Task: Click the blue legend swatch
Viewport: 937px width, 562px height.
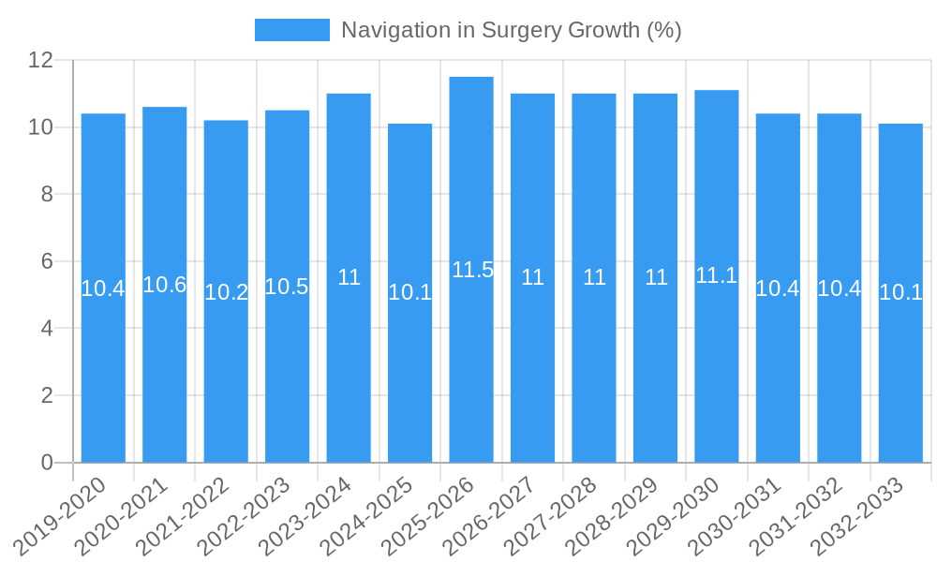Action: point(292,30)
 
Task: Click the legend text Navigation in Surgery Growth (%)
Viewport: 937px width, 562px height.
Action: point(511,30)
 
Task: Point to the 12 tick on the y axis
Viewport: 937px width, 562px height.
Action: point(41,61)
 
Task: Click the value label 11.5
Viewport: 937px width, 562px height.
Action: point(472,270)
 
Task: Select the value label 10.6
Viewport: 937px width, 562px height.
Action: point(165,285)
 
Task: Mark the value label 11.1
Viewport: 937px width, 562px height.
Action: point(717,275)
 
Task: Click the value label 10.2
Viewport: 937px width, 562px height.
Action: point(226,292)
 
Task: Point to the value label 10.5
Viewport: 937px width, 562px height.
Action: point(287,287)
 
